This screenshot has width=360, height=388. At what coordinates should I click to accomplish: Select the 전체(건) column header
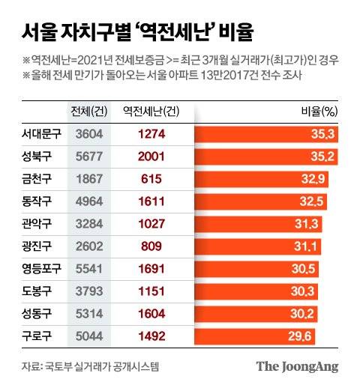92,112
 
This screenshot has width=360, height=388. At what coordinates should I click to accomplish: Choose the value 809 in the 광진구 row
152,245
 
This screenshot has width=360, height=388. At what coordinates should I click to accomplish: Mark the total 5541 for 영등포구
92,267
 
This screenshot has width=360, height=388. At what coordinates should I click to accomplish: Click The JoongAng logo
298,367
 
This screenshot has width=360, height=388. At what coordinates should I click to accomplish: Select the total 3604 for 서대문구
92,135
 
